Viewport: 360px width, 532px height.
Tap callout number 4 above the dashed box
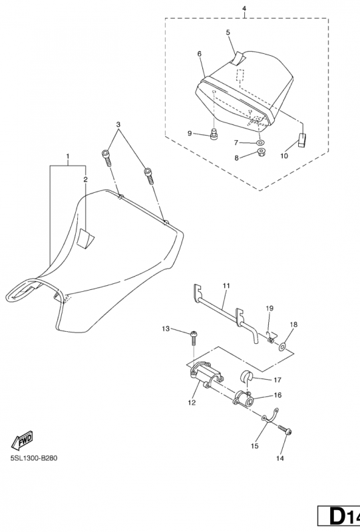[244, 8]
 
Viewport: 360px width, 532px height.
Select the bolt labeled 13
[194, 338]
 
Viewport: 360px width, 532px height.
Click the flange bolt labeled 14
[285, 430]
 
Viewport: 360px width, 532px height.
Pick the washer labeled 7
[260, 142]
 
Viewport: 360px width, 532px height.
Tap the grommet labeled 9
[214, 135]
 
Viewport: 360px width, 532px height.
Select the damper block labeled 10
[302, 140]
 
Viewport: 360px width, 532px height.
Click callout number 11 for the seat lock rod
[226, 286]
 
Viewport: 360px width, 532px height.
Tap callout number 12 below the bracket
[192, 403]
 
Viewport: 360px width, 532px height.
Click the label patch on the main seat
[85, 238]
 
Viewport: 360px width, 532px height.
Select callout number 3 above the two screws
[118, 124]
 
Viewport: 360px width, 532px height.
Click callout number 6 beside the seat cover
[200, 54]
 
